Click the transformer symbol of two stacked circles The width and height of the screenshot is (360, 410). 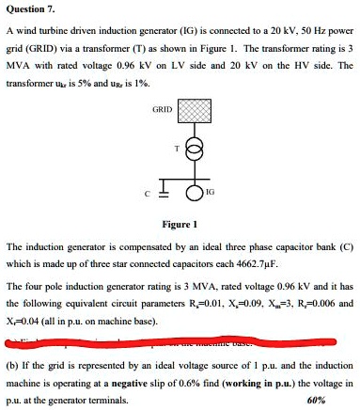(194, 150)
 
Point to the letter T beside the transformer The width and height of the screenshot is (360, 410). (174, 150)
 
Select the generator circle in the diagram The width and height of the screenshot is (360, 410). (194, 195)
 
